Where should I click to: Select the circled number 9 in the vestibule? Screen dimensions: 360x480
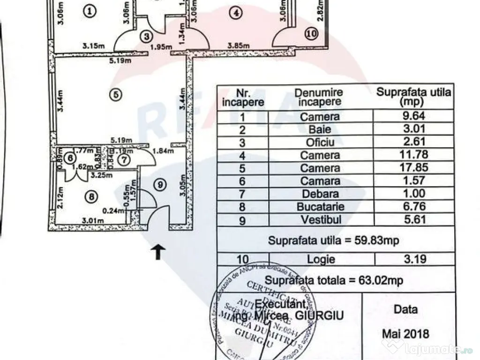coord(160,185)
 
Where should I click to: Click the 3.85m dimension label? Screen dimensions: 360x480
coord(239,46)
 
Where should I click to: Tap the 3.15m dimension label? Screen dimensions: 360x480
coord(93,46)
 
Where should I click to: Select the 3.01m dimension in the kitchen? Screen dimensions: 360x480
coord(92,221)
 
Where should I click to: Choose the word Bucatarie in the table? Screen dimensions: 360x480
coord(321,207)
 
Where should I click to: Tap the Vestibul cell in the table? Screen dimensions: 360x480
coord(321,219)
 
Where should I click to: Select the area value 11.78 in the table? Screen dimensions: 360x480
coord(413,155)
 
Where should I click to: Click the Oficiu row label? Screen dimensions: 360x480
coord(321,142)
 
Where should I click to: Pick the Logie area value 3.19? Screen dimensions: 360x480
coord(413,259)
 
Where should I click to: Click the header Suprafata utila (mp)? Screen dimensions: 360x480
coord(413,96)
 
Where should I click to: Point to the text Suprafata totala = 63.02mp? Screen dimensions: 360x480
coord(335,280)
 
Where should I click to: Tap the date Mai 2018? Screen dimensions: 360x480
coord(406,334)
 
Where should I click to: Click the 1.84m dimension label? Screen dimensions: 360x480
coord(164,151)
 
